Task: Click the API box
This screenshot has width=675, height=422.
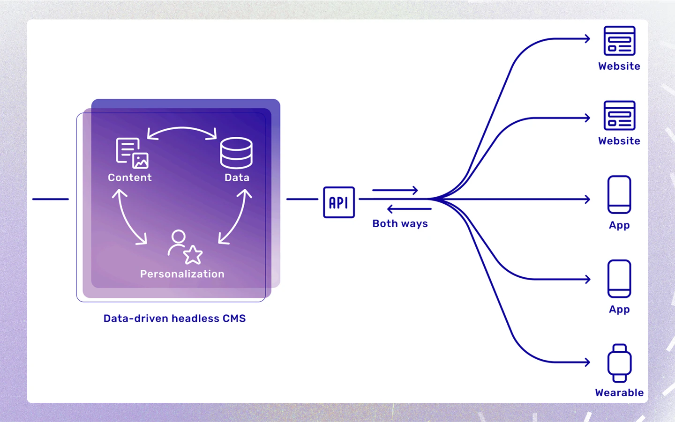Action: tap(339, 202)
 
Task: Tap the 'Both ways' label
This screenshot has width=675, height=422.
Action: tap(400, 223)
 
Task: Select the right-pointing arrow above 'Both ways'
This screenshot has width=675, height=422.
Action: tap(395, 190)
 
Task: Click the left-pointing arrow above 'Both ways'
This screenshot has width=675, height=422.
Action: tap(409, 208)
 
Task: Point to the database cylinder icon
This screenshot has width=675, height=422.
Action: tap(236, 153)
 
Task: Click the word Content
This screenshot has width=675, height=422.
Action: tap(130, 178)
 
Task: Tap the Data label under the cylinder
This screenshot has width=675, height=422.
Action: tap(237, 178)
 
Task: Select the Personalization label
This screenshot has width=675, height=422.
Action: tap(182, 274)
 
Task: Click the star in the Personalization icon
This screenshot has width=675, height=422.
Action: tap(193, 255)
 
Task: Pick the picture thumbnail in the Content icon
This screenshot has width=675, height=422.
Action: tap(141, 161)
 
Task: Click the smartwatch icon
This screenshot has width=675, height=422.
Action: tap(619, 363)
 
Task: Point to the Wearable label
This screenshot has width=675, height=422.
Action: tap(619, 393)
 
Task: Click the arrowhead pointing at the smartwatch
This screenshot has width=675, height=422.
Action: tap(587, 362)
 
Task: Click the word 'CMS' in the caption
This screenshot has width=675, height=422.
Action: tap(234, 318)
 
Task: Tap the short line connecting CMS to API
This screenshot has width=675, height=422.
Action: tap(302, 199)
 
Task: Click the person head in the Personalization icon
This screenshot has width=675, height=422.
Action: tap(179, 237)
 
